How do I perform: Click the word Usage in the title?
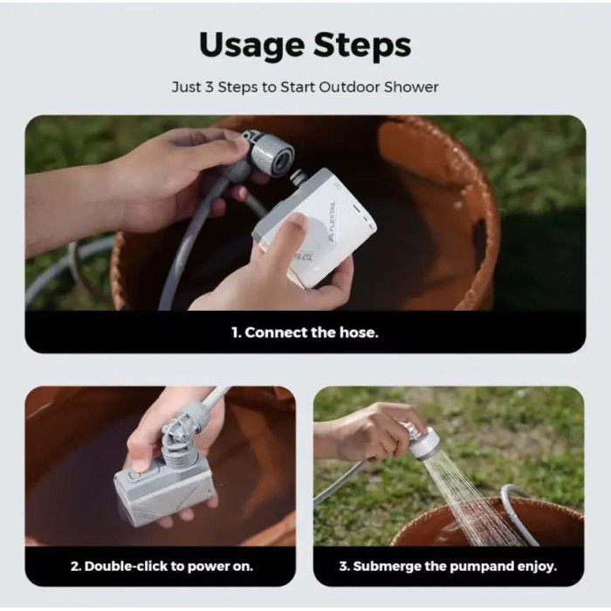(x=251, y=45)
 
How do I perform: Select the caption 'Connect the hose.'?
(x=305, y=333)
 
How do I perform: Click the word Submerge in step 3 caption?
(x=395, y=566)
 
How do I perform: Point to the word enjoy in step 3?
(x=536, y=566)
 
